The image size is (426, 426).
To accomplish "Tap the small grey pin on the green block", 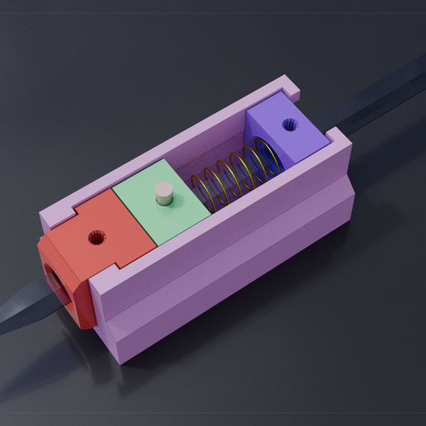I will click(x=164, y=194).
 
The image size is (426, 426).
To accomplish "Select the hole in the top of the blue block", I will click(x=289, y=125).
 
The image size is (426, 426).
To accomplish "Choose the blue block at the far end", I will click(x=285, y=132).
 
